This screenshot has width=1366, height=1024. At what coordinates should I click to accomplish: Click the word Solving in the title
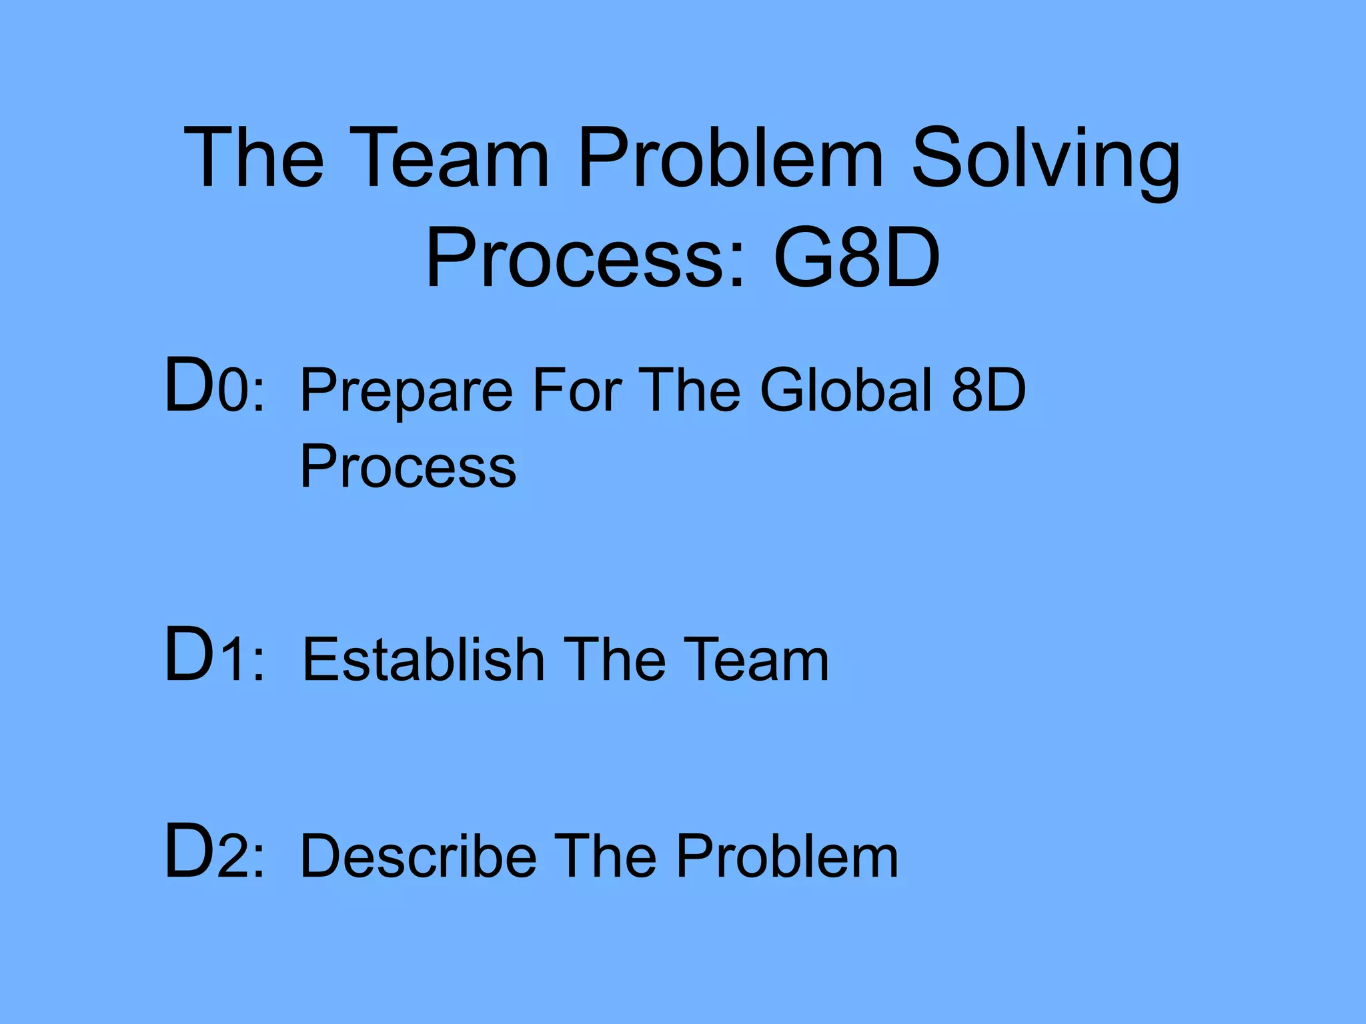(x=1045, y=160)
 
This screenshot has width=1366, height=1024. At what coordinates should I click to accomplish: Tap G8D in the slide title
(x=856, y=258)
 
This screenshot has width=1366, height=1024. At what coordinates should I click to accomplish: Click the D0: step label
(x=214, y=387)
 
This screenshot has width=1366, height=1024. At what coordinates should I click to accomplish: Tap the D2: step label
(x=214, y=853)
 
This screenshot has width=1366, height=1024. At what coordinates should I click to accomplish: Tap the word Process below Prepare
(x=408, y=467)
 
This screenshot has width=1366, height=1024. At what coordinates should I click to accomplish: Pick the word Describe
(x=418, y=856)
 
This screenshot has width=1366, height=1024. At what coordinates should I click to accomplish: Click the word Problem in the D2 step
(x=787, y=856)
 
